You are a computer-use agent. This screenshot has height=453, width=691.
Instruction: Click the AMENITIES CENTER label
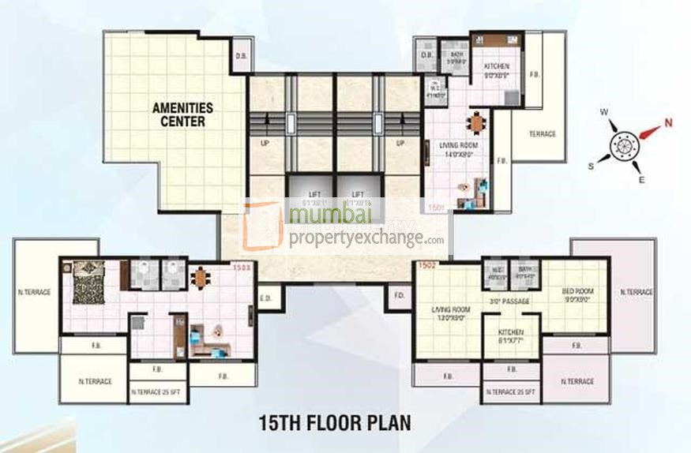click(181, 115)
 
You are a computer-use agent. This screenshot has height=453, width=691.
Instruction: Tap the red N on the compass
click(667, 122)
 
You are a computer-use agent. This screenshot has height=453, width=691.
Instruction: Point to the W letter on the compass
click(604, 113)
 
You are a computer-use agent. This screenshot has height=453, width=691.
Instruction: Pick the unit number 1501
click(437, 207)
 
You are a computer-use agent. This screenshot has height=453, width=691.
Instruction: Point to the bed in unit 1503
click(88, 283)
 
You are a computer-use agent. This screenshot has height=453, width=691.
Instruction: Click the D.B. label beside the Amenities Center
click(242, 55)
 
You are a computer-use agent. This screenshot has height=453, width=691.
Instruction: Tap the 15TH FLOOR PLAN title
click(335, 421)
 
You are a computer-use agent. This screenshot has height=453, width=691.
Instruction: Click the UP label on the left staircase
click(265, 143)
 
